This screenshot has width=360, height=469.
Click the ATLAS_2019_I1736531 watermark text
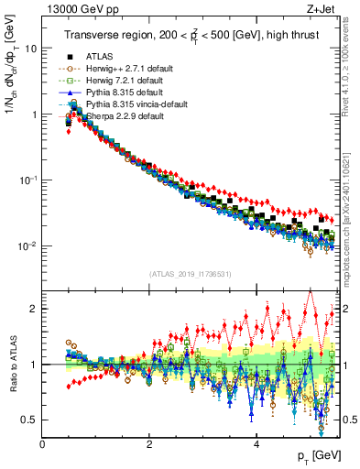[x=190, y=274]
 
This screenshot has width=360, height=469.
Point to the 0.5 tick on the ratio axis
[x=30, y=420]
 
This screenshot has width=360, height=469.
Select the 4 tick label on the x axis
[x=256, y=444]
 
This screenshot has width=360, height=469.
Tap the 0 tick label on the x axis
[x=43, y=444]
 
